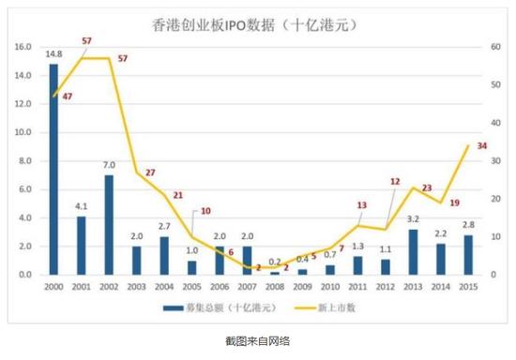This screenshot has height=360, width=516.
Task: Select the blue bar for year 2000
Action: (x=53, y=169)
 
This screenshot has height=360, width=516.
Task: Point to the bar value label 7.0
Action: (x=109, y=165)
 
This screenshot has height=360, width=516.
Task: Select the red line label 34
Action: (x=482, y=145)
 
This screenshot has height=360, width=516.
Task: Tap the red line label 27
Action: (x=150, y=172)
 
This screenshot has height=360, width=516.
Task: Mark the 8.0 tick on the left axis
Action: (x=23, y=160)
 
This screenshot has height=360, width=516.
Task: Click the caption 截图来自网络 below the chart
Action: (x=258, y=340)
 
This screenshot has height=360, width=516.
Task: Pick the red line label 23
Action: (x=427, y=187)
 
